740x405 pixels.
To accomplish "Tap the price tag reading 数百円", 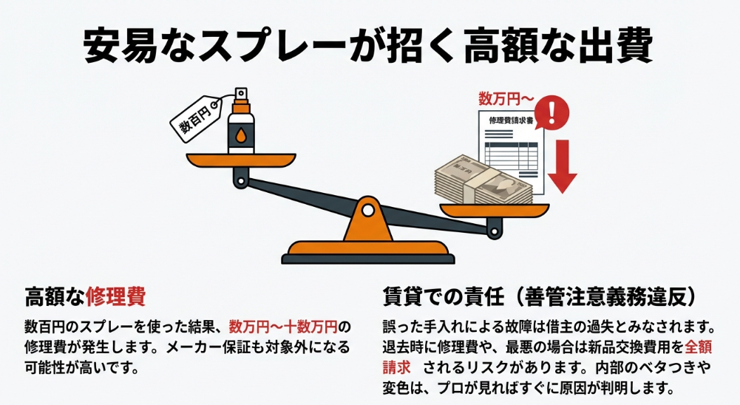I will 197,118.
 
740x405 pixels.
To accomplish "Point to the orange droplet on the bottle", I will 241,137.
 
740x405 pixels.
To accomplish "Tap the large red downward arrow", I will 563,166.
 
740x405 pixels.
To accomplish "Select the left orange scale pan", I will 240,159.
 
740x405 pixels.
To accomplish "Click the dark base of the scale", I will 367,257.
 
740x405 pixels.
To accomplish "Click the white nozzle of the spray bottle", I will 240,94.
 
